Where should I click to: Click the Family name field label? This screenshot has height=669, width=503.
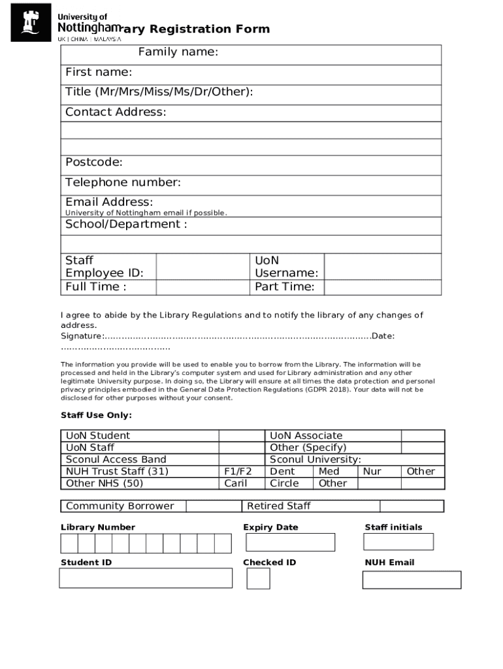point(178,52)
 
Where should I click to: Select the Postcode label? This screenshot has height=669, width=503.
point(94,162)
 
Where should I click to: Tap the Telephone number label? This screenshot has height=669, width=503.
point(123,182)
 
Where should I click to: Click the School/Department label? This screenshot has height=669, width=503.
point(126,224)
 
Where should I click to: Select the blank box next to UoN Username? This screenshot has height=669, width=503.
point(382,267)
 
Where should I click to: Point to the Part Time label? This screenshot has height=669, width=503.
point(285,287)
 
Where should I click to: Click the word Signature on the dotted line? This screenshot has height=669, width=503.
point(82,336)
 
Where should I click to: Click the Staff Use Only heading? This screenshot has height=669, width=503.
point(96,416)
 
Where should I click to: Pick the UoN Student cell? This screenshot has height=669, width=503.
point(98,436)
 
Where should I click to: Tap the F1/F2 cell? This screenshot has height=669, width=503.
point(238,471)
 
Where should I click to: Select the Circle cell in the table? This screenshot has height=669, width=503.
point(284,483)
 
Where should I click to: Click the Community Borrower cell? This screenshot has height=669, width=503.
point(120,506)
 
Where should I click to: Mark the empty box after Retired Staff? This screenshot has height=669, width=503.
point(412,506)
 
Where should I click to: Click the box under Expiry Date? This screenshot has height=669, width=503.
point(290,542)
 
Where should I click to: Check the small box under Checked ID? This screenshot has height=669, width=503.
point(258,578)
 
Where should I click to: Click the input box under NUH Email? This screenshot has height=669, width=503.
point(412,579)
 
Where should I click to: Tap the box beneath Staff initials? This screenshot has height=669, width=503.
point(398,542)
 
